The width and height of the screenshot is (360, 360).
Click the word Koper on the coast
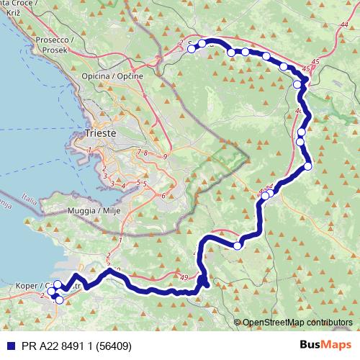[27, 286]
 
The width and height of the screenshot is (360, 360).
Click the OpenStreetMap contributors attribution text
[299, 322]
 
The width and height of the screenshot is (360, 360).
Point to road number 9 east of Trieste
[165, 156]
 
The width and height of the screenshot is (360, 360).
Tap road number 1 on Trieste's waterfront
[89, 150]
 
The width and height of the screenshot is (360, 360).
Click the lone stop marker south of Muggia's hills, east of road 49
[237, 246]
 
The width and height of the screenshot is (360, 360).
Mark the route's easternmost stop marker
[308, 166]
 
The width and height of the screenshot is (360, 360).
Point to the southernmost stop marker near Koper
[59, 300]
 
